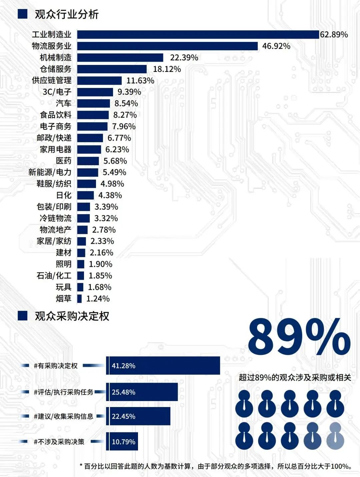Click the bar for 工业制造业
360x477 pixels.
[x=198, y=35]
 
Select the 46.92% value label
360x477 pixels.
[x=276, y=46]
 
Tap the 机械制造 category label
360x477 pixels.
[x=56, y=58]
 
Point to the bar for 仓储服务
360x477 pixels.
[x=112, y=69]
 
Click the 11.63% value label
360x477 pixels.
[x=140, y=81]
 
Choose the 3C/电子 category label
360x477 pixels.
[x=57, y=92]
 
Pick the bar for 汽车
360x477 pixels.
[x=93, y=104]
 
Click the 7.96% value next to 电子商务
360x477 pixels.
[x=124, y=127]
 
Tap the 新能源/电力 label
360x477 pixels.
[x=50, y=172]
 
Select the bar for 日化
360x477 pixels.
[x=85, y=195]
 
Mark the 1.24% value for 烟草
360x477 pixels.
[x=98, y=299]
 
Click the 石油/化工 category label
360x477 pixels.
[x=54, y=276]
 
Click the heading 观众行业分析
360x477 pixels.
[x=67, y=14]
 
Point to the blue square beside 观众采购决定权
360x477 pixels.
[x=22, y=316]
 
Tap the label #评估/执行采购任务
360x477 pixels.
[x=63, y=392]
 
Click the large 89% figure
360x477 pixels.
[x=299, y=337]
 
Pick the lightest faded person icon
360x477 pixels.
[x=335, y=436]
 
